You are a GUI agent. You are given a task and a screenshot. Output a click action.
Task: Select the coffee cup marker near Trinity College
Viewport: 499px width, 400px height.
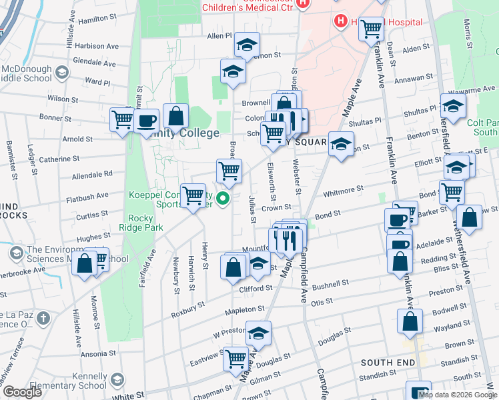[x=146, y=121]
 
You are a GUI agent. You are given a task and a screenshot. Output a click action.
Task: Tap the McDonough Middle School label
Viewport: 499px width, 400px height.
[x=27, y=73]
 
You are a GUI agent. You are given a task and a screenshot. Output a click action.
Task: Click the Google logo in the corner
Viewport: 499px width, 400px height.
[x=22, y=392]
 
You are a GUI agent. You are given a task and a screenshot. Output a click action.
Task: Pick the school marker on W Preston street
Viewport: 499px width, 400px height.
[x=258, y=333]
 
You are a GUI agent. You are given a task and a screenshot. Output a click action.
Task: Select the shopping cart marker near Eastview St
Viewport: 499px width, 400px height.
[x=235, y=358]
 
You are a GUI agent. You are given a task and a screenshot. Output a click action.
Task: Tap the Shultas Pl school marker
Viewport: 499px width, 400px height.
[x=453, y=107]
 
